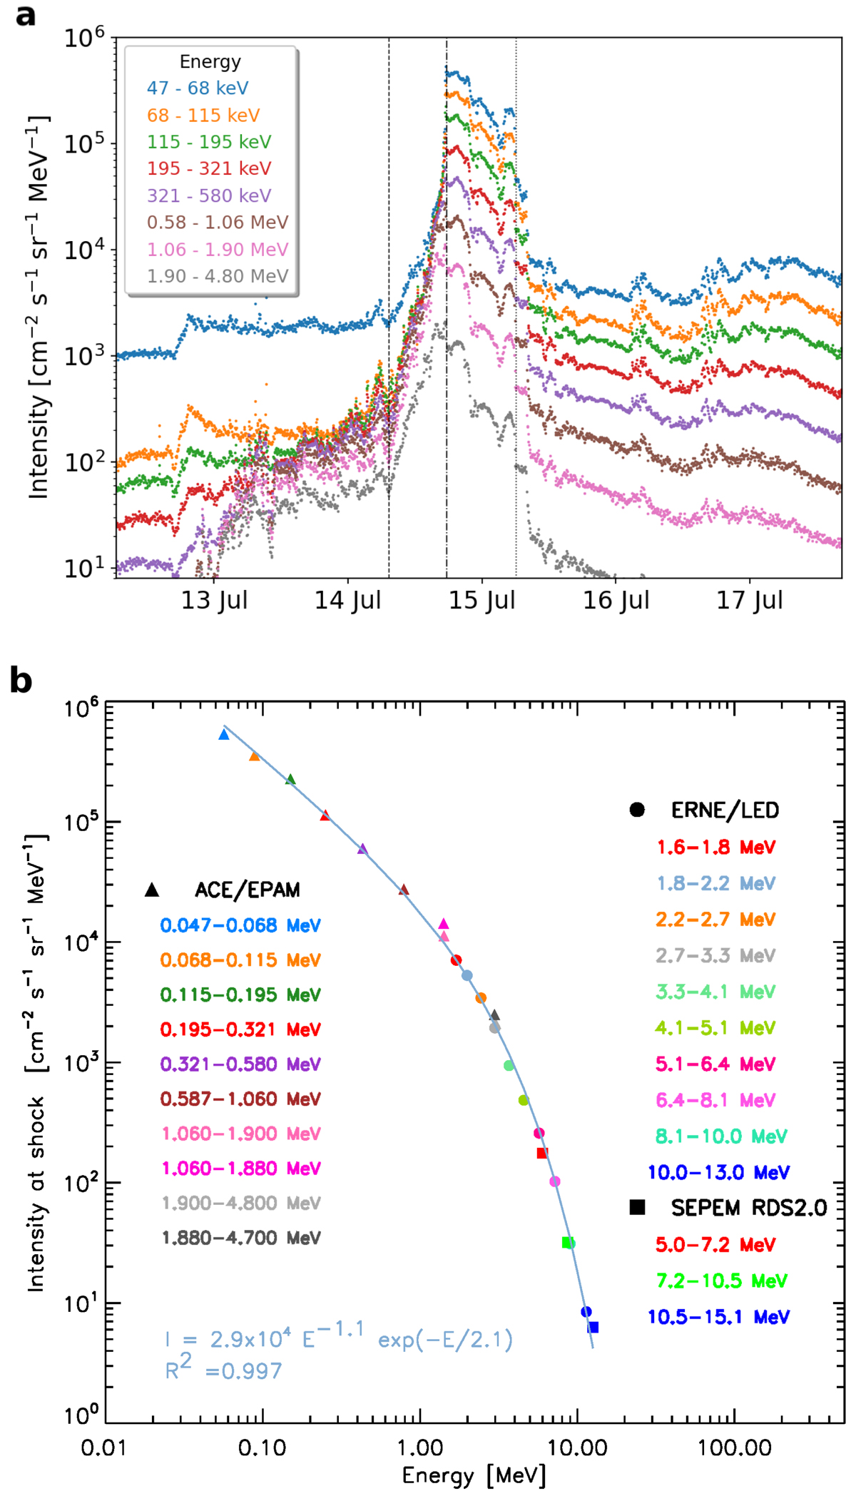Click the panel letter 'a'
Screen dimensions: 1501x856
[x=25, y=15]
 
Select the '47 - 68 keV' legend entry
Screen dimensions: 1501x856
[x=198, y=88]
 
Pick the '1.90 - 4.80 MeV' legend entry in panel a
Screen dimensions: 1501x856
[x=218, y=276]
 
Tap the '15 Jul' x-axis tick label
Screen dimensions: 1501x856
[x=481, y=601]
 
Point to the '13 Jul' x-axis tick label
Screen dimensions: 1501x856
[x=214, y=601]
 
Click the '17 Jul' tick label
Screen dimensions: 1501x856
[x=750, y=601]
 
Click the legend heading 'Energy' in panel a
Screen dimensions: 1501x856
[x=210, y=62]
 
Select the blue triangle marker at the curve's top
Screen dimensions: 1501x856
[x=224, y=734]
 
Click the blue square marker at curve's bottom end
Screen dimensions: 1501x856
[x=593, y=1328]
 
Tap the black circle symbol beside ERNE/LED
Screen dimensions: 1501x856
[x=637, y=810]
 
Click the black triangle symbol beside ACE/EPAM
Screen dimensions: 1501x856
[x=151, y=890]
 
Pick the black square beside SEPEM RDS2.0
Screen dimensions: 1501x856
[x=637, y=1208]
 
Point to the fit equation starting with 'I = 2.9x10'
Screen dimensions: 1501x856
[x=338, y=1338]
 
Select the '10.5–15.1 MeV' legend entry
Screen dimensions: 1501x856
[x=718, y=1317]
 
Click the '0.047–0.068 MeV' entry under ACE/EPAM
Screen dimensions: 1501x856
[x=240, y=925]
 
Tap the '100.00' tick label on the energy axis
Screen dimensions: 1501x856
[x=735, y=1447]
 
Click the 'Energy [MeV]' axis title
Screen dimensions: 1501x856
[x=474, y=1475]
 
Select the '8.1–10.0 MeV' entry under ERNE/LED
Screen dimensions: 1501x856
[x=720, y=1136]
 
